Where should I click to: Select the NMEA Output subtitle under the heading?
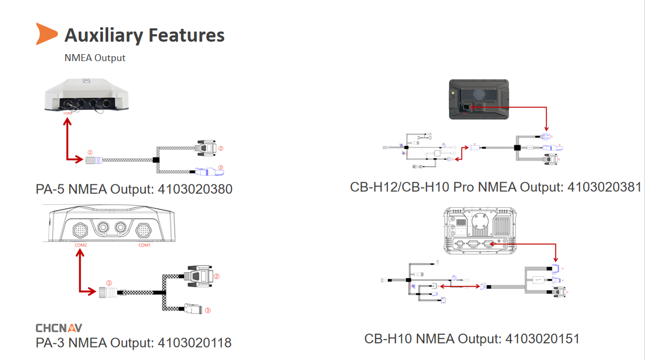coord(95,58)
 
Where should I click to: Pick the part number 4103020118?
coord(194,343)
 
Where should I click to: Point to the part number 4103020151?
coord(542,339)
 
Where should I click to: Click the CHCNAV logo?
coord(59,328)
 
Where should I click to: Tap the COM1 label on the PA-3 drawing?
coord(145,245)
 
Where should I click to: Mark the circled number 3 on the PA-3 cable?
coord(208,310)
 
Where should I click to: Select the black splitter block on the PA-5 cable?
coord(156,160)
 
